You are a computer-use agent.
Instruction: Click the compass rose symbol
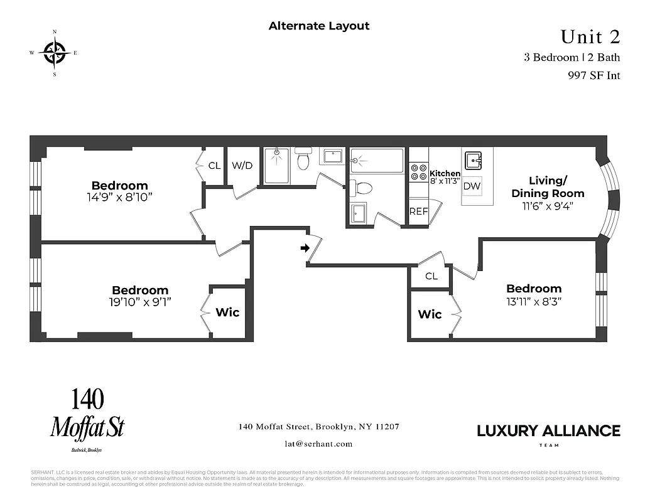pos(54,52)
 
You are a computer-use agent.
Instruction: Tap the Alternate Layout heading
pos(319,26)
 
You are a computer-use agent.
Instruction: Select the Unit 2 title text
pos(590,37)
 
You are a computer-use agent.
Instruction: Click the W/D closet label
pos(242,166)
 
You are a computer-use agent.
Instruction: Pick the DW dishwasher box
pos(472,186)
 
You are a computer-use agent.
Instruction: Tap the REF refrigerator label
pos(418,211)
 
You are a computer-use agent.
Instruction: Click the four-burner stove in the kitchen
pos(419,172)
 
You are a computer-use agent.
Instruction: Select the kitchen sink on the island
pos(473,159)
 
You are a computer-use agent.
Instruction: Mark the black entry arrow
pos(305,248)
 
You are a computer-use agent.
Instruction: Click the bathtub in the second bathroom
pos(377,160)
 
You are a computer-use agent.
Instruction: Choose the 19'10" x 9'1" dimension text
pos(139,301)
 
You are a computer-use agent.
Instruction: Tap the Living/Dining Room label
pos(548,186)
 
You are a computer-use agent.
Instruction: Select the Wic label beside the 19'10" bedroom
pos(227,312)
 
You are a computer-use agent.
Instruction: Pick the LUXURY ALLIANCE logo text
pos(548,431)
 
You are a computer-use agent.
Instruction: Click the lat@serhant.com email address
pos(318,444)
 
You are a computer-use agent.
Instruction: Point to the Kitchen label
pos(445,173)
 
